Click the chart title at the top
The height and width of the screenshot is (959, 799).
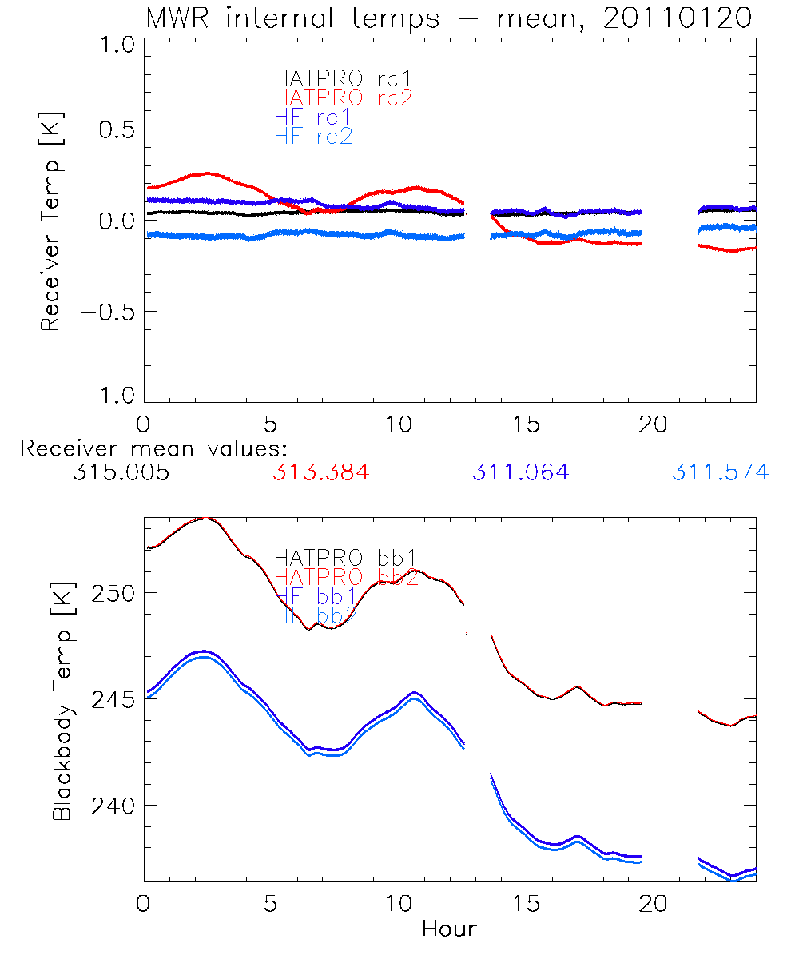click(448, 18)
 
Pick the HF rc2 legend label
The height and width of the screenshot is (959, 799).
click(313, 136)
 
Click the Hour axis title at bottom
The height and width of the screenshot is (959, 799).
click(449, 929)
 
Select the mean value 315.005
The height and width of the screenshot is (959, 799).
click(121, 472)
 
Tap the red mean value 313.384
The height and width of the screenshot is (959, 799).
click(320, 472)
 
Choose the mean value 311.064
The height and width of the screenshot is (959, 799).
click(520, 472)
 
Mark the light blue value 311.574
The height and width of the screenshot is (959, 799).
click(720, 472)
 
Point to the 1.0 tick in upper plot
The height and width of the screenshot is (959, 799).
click(114, 46)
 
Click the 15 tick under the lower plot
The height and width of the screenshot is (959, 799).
click(526, 903)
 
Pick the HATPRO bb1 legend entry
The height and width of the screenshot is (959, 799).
click(345, 557)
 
